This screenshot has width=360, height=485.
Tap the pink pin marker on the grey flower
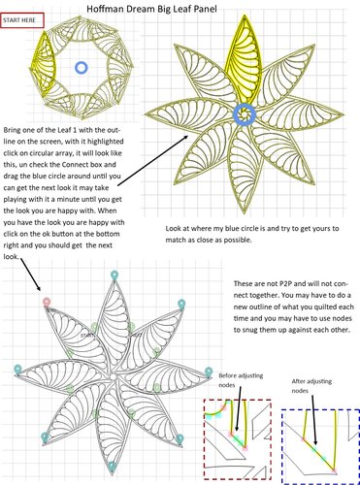[47, 303]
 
